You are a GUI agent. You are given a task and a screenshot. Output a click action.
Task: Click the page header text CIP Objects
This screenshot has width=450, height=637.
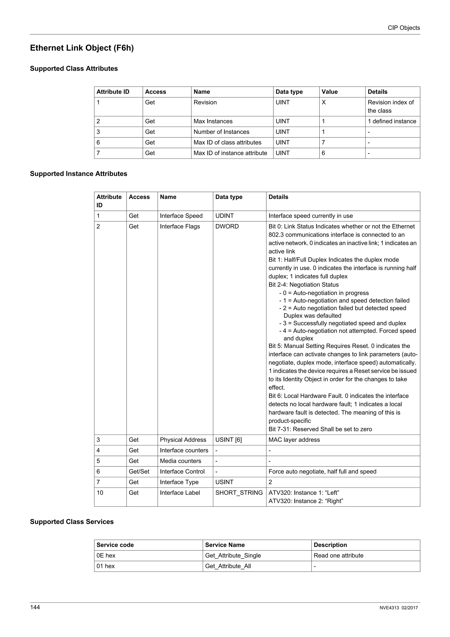[403, 28]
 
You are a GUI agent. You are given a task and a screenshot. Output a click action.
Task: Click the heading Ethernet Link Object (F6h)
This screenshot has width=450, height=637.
[82, 48]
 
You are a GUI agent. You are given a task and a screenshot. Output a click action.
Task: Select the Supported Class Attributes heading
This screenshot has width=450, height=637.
[74, 69]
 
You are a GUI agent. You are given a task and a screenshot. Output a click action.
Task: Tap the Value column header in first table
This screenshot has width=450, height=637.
[329, 92]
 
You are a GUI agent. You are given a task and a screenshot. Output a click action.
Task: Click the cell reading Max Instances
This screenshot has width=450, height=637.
[213, 121]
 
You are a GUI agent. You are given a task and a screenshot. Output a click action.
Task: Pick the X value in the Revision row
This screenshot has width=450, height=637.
[324, 102]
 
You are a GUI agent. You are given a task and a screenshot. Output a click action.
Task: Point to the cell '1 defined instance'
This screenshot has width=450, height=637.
[392, 121]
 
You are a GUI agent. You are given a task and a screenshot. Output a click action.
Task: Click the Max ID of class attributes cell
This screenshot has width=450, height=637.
[227, 142]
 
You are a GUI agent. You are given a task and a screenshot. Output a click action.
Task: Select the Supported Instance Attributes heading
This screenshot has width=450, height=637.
[78, 174]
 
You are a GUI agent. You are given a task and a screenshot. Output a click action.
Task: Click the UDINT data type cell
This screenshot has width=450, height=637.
[224, 216]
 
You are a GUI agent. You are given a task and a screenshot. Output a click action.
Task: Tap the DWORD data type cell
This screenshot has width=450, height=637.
[227, 226]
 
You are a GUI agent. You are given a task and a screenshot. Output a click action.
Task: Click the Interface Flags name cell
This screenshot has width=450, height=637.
[180, 226]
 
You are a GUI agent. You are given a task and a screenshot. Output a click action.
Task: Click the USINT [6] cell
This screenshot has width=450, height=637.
[229, 440]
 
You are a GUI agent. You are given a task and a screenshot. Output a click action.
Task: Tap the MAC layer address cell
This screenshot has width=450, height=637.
[294, 440]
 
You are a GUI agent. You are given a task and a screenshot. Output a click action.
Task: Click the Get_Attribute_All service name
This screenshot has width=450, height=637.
[228, 566]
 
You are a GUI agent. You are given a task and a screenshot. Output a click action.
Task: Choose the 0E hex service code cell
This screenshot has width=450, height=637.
[106, 555]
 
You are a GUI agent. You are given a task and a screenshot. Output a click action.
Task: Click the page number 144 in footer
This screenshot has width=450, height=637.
[35, 607]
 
